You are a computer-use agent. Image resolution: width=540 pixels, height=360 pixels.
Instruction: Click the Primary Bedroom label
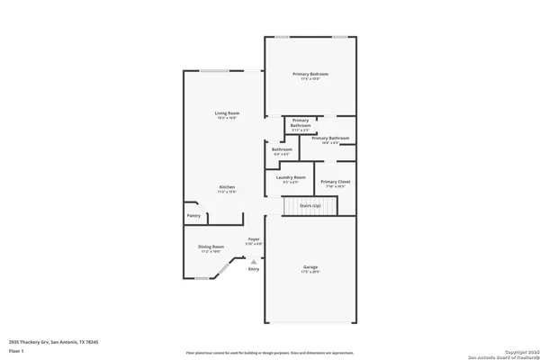point(310,73)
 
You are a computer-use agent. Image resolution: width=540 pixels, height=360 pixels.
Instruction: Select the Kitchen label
point(226,187)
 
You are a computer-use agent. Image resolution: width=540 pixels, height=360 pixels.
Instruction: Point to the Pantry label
point(193,216)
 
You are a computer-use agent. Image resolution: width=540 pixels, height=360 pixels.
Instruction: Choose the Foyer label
point(254,239)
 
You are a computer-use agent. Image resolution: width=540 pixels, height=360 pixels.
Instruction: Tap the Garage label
point(310,266)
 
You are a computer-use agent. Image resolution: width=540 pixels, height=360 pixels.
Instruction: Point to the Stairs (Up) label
point(310,206)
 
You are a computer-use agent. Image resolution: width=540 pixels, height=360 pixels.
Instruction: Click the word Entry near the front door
point(253,269)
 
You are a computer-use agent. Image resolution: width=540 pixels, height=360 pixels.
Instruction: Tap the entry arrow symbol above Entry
point(253,261)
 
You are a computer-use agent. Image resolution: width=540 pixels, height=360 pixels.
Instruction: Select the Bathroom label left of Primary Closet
point(281,149)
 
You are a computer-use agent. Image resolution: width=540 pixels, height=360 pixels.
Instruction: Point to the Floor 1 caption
point(16,353)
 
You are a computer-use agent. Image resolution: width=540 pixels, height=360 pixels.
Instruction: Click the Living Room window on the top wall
point(213,72)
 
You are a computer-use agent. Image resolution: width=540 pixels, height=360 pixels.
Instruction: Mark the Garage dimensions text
point(310,271)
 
